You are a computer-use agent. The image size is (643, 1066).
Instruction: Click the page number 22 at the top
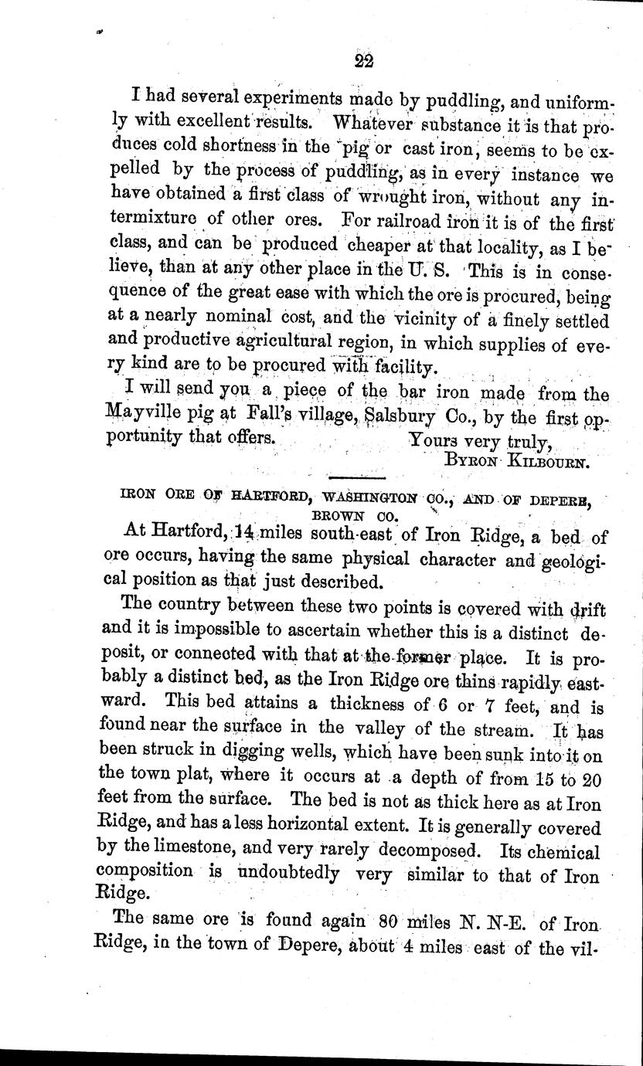click(362, 62)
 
